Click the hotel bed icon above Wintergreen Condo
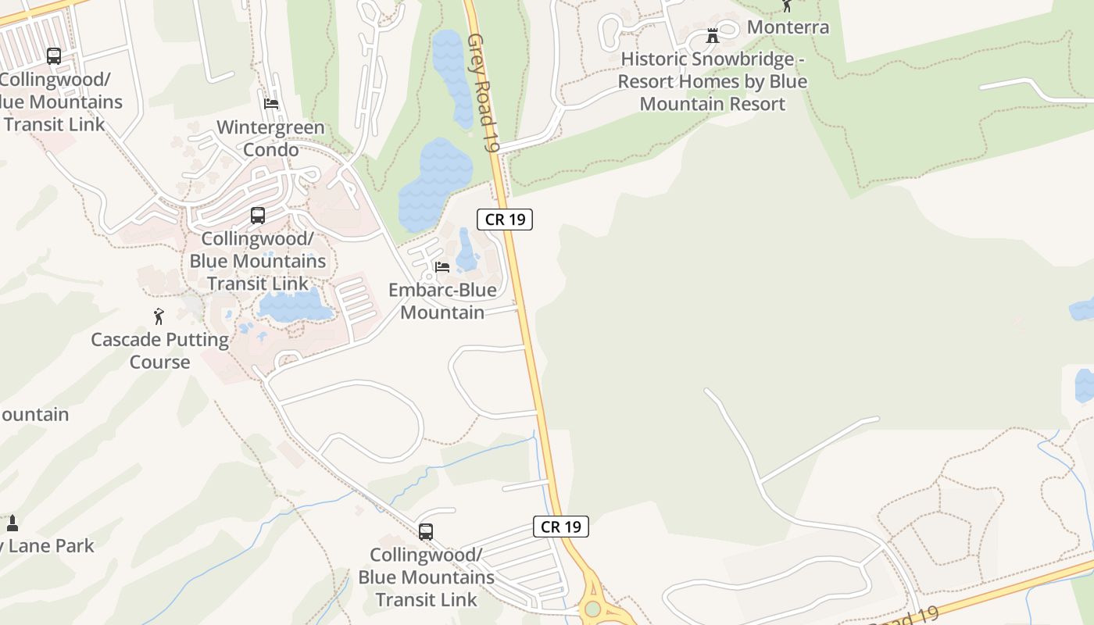pos(271,103)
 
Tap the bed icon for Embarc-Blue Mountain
pos(442,266)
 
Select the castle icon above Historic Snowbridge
pos(712,35)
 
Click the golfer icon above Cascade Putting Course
pos(159,316)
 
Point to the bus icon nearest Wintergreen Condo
pos(258,216)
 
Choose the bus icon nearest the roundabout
pos(426,532)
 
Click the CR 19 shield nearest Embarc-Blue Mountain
pos(505,220)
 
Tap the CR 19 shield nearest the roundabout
pos(561,527)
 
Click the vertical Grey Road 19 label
pos(483,92)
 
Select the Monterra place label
pos(788,27)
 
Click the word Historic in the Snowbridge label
pos(654,59)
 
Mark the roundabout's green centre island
pos(593,608)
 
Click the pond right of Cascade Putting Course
pos(295,306)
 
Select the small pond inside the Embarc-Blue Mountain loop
pos(467,250)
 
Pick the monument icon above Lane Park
pos(12,523)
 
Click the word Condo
pos(270,149)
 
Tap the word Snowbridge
pos(749,59)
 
